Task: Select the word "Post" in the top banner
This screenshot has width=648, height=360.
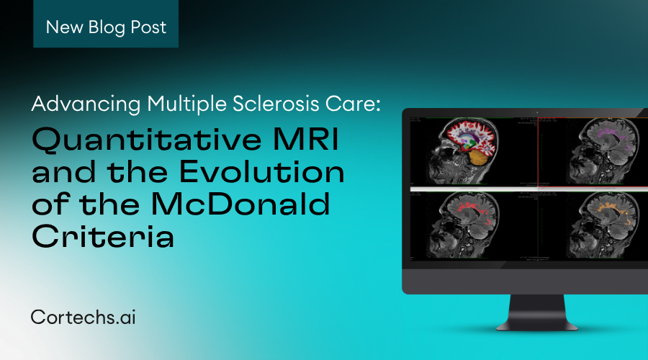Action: [147, 28]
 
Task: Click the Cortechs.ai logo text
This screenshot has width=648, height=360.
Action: [83, 317]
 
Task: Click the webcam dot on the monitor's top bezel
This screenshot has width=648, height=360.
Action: [537, 113]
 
